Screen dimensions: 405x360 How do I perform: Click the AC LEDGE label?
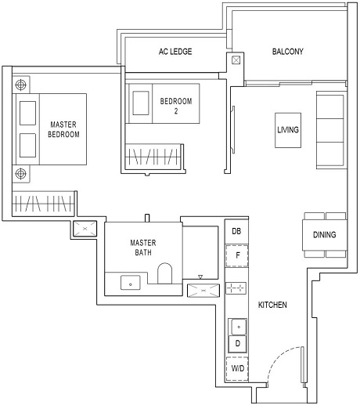[175, 52]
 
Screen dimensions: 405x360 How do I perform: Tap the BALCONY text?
[287, 52]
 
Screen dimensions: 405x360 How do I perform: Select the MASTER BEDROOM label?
[64, 129]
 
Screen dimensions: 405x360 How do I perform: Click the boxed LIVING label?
[287, 129]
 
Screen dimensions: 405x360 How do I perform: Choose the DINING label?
[325, 234]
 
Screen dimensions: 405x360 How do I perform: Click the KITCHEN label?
[272, 304]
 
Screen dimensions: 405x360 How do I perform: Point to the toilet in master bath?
[164, 277]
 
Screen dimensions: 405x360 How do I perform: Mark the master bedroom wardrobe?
[44, 204]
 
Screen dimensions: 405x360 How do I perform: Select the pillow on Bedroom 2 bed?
[142, 103]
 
